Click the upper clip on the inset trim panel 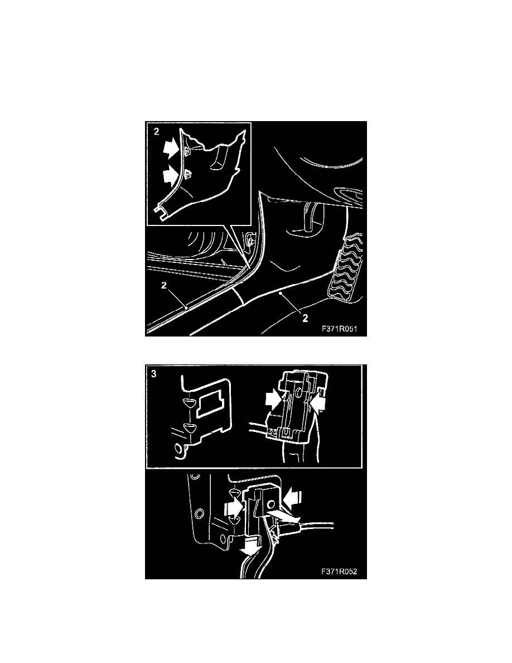coord(188,151)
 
